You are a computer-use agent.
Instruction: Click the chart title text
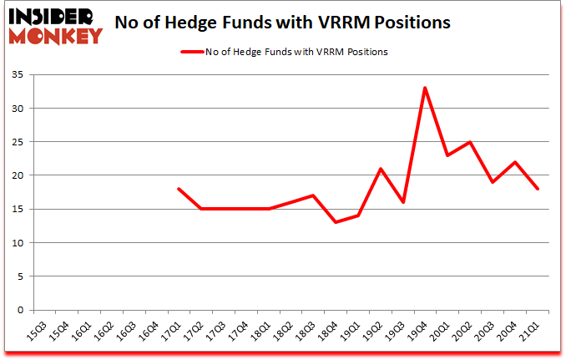282,23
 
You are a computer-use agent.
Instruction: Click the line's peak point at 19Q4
425,88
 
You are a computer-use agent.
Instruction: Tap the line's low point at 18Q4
335,222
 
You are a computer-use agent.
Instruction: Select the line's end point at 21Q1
538,189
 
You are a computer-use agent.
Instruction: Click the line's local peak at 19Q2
380,169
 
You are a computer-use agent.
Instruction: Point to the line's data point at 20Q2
470,142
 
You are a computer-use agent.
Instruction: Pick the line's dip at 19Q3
402,202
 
